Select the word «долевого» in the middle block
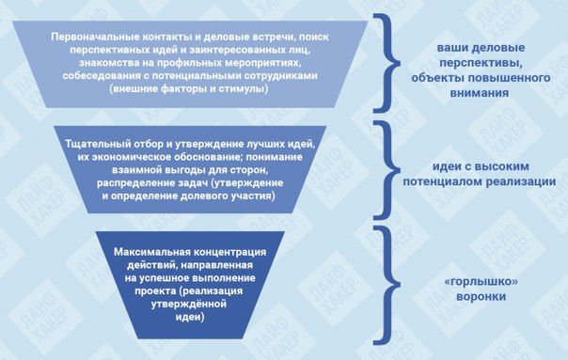[205, 196]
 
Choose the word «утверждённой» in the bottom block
[189, 304]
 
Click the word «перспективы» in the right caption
[481, 63]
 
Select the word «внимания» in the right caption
[480, 93]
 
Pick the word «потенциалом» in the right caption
[442, 181]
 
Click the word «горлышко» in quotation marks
[481, 282]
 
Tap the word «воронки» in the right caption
[481, 297]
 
